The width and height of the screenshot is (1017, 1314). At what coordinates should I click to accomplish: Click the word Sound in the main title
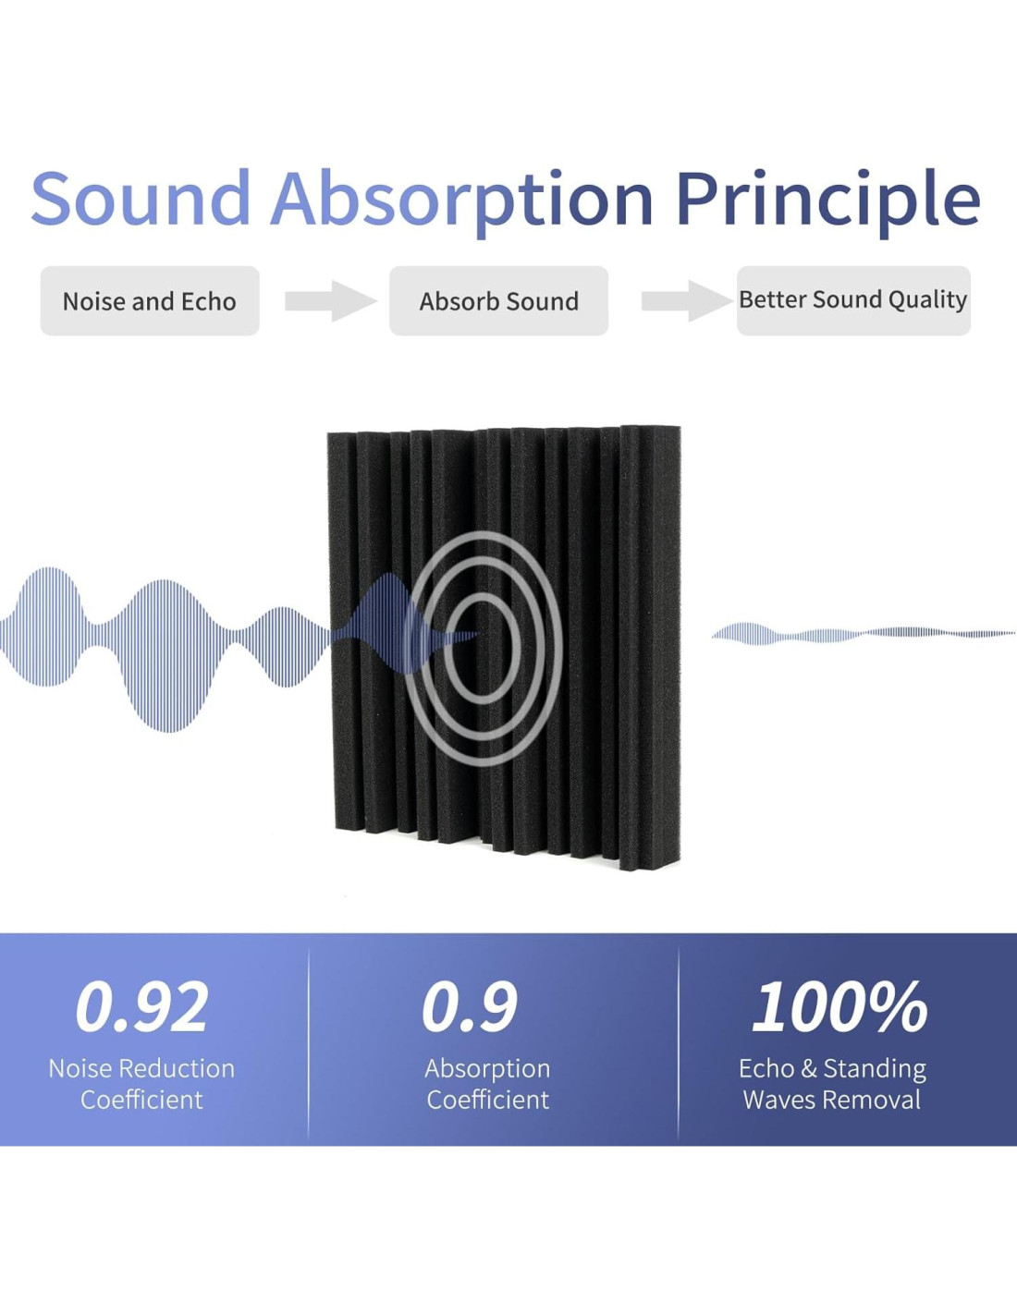click(141, 198)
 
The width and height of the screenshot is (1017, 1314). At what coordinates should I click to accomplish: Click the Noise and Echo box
click(150, 300)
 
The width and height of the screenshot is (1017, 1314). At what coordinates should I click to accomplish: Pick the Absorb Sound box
click(498, 300)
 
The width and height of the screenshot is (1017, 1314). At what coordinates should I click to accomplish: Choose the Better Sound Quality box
click(853, 300)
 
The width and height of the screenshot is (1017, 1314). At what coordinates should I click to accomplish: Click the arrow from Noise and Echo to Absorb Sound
click(331, 300)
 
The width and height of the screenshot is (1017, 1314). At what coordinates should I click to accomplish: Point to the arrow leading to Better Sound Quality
click(687, 300)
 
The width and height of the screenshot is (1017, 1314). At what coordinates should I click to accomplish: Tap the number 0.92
click(141, 1007)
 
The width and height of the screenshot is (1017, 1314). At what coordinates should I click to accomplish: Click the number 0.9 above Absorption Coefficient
click(470, 1007)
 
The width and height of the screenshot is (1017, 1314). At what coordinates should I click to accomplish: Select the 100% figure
click(839, 1007)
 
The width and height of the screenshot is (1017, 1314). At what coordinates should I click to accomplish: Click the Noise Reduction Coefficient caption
click(141, 1084)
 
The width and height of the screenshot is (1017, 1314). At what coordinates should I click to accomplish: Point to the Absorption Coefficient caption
click(487, 1084)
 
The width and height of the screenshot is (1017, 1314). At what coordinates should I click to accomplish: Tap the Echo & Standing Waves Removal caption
click(832, 1084)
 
